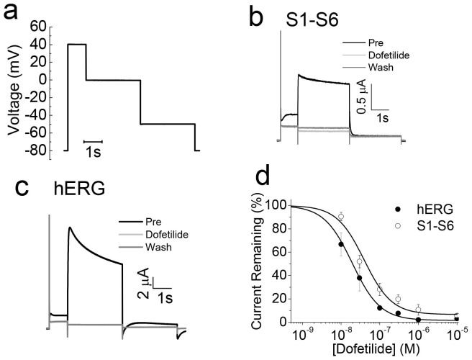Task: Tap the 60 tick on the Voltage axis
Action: [x=38, y=27]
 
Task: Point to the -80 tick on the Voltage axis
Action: [x=35, y=150]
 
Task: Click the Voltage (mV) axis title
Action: [x=13, y=88]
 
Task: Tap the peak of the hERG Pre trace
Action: [x=70, y=228]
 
